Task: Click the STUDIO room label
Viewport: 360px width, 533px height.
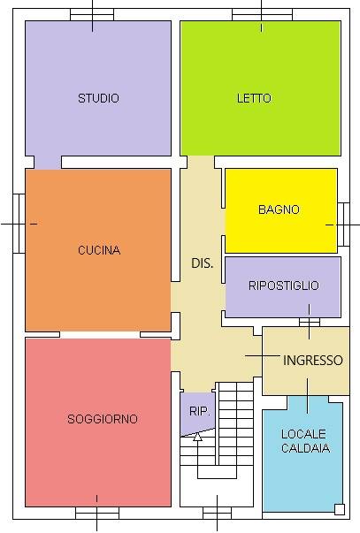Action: (98, 98)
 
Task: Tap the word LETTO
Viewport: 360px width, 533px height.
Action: (254, 98)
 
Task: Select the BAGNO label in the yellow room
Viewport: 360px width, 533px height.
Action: (279, 209)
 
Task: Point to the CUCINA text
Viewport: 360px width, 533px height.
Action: (98, 250)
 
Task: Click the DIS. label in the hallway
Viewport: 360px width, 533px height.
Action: (203, 263)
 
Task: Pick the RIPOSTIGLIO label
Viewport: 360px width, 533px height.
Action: (283, 286)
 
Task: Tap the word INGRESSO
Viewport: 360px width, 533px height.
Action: (312, 361)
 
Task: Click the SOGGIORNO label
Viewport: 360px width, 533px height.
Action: (102, 419)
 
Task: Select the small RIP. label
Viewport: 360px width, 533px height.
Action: (198, 410)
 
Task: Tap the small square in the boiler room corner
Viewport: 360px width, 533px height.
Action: (339, 508)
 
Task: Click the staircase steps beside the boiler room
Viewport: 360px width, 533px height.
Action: (236, 415)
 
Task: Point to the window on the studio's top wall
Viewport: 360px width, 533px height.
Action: (93, 15)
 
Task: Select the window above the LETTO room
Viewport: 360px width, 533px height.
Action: (262, 15)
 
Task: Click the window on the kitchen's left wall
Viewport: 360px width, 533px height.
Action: (19, 223)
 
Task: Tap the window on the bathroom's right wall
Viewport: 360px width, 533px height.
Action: (343, 225)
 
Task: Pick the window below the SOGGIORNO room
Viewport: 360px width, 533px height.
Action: (96, 513)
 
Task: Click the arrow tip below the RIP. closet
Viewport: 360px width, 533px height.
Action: (197, 435)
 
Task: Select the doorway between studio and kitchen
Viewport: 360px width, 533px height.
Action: (47, 163)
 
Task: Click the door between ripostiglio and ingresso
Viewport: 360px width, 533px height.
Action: (309, 322)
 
